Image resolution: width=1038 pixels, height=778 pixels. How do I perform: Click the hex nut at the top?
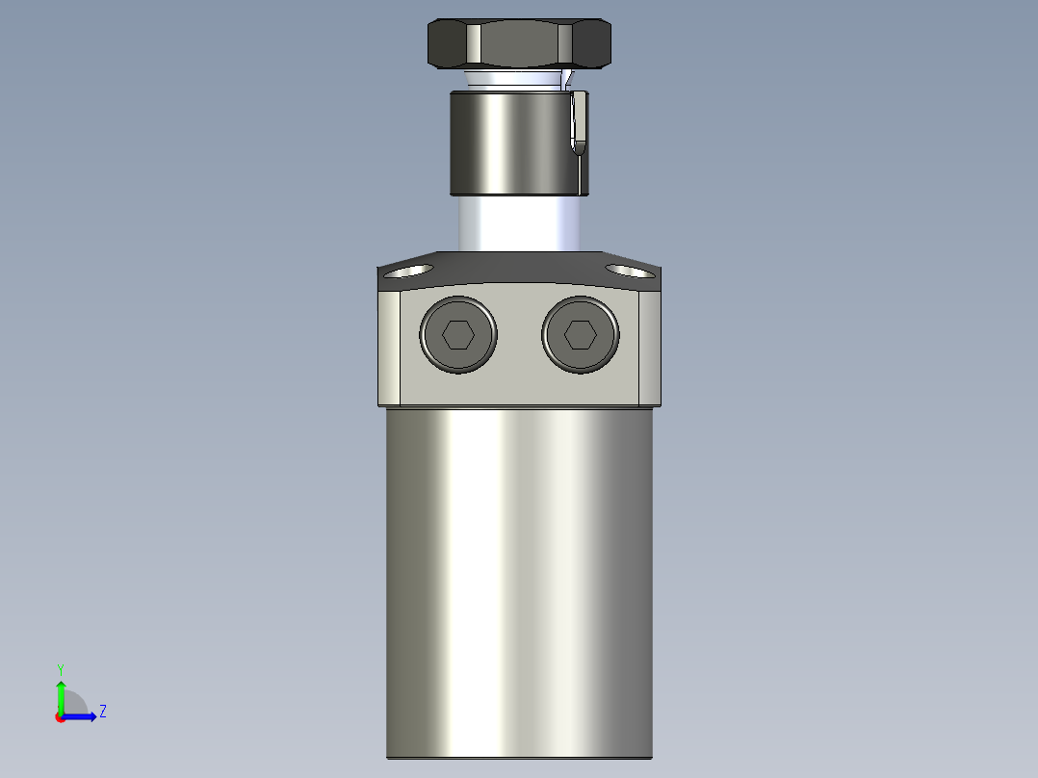(518, 44)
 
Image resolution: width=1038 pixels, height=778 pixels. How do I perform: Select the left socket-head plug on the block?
(458, 335)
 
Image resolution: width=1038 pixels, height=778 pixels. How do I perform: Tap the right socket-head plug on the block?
(580, 335)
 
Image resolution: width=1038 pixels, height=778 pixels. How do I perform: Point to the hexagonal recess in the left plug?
(457, 335)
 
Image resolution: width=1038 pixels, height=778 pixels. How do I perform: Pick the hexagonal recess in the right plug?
(580, 335)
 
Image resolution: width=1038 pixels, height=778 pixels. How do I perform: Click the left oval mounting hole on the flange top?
(408, 271)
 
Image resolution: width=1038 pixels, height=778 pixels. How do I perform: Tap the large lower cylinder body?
(519, 578)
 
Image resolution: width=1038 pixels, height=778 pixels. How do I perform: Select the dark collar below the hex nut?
(510, 142)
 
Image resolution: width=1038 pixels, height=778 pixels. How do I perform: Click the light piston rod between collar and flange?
(518, 222)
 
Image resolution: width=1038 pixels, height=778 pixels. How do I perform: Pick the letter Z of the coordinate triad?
(102, 712)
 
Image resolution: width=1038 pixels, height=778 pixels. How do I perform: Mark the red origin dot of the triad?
(61, 716)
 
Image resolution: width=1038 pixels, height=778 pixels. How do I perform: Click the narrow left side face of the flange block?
(389, 347)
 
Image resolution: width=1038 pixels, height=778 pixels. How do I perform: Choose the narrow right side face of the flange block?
(650, 347)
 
